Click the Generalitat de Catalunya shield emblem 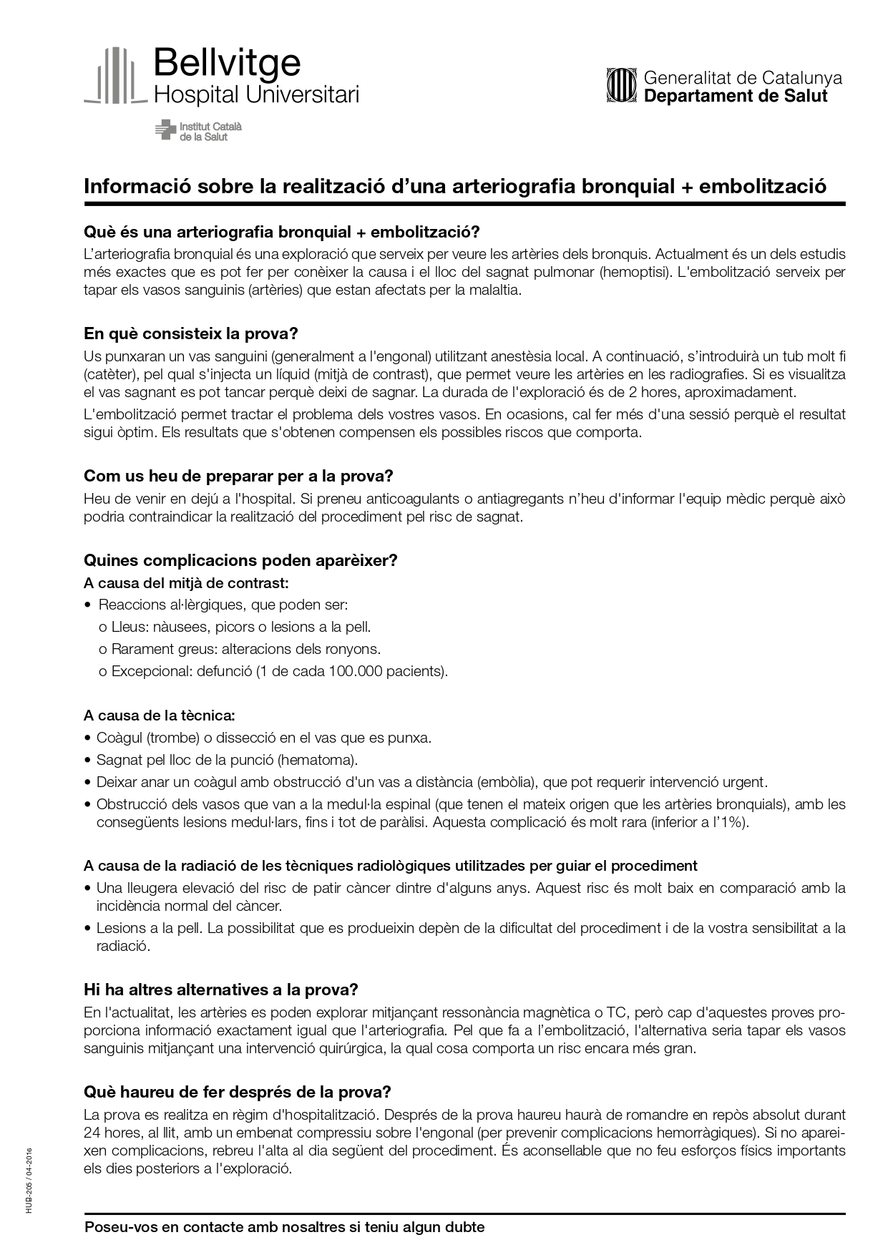pyautogui.click(x=620, y=86)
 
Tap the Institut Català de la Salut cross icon pyautogui.click(x=165, y=130)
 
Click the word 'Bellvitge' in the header pyautogui.click(x=227, y=63)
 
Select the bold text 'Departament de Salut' pyautogui.click(x=736, y=96)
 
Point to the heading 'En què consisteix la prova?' pyautogui.click(x=190, y=334)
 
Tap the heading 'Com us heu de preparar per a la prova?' pyautogui.click(x=239, y=477)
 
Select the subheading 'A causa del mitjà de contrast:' pyautogui.click(x=186, y=583)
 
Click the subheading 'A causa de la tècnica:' pyautogui.click(x=159, y=716)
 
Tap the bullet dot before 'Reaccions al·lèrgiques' pyautogui.click(x=88, y=605)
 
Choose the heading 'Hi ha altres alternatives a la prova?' pyautogui.click(x=220, y=990)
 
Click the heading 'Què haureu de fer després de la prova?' pyautogui.click(x=237, y=1093)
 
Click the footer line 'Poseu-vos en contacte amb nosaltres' pyautogui.click(x=284, y=1228)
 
